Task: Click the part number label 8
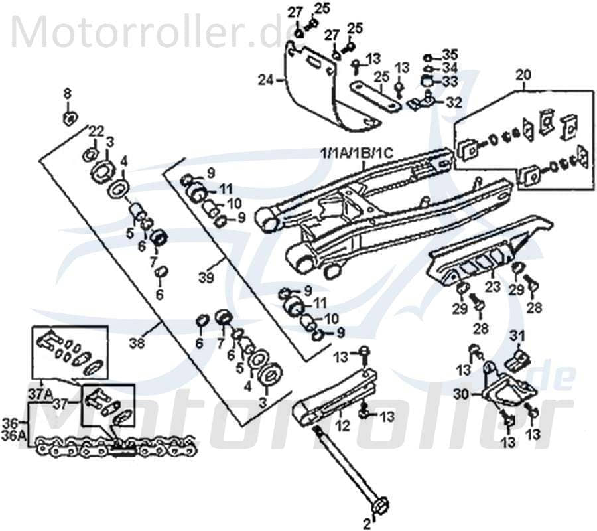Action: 66,94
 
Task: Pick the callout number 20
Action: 523,74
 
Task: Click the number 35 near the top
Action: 450,54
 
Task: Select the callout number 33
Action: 450,81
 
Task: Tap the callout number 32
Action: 454,102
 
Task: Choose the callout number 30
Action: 460,394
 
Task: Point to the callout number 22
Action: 96,129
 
